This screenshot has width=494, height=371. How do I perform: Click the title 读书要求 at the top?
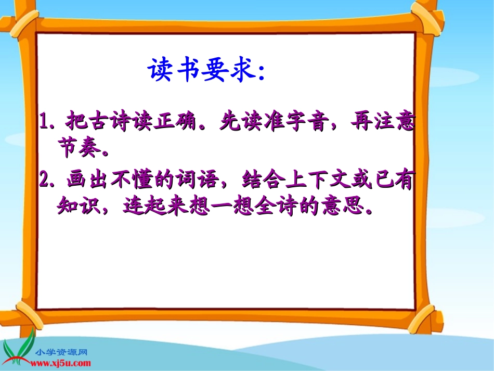pyautogui.click(x=206, y=71)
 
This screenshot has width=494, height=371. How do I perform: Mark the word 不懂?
pyautogui.click(x=131, y=182)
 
